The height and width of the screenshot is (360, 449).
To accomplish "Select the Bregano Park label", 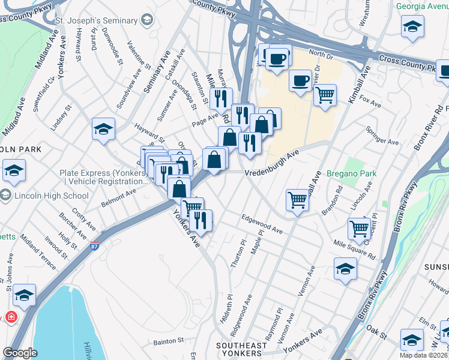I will (x=351, y=173).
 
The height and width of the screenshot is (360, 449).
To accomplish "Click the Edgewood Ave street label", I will (x=262, y=223).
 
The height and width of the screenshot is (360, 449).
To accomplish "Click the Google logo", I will (x=20, y=353).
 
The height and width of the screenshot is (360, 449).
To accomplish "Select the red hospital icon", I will (x=11, y=317).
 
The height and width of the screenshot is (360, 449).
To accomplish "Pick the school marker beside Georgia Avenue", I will (x=412, y=27).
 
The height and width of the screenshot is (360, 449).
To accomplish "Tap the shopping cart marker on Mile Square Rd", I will (x=358, y=228).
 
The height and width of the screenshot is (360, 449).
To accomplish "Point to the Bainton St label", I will (x=168, y=340).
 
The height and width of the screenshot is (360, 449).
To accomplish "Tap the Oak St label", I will (x=376, y=329).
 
